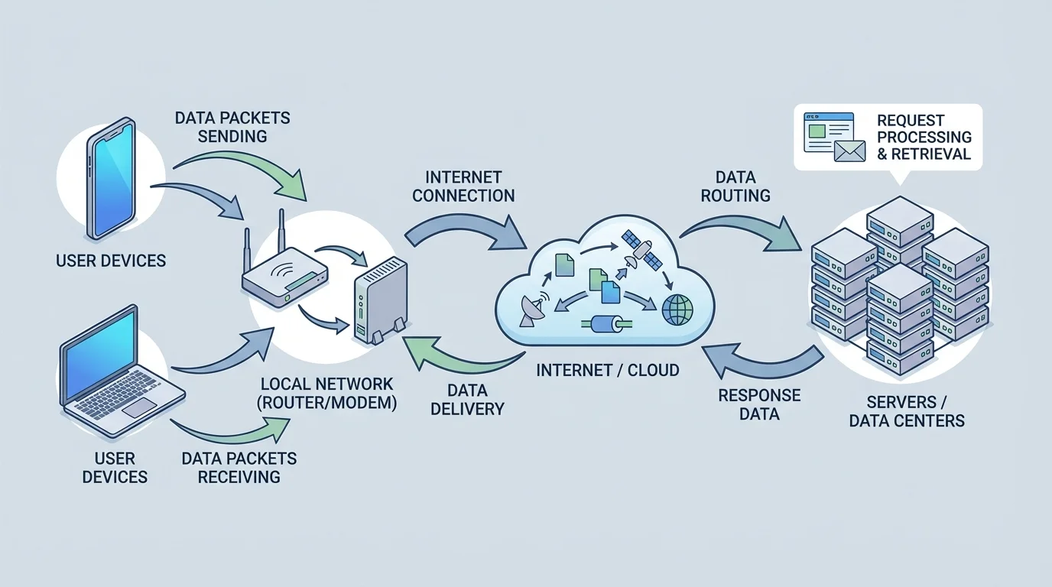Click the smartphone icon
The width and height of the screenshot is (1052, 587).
click(112, 177)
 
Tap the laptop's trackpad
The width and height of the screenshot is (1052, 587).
click(140, 407)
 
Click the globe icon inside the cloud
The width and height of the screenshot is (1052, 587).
click(677, 310)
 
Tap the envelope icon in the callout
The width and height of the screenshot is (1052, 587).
click(849, 150)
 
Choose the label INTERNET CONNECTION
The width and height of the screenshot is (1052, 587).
click(463, 185)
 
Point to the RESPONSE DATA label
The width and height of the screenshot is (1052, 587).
click(759, 404)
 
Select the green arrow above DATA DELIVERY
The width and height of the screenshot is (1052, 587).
click(446, 355)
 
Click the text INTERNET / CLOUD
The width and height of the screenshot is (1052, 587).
click(608, 370)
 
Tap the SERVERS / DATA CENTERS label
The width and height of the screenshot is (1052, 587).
click(907, 410)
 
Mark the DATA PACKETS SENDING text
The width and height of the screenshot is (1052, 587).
click(232, 127)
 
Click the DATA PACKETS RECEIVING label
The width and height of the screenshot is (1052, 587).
click(239, 467)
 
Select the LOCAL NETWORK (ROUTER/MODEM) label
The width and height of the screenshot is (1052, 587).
click(328, 393)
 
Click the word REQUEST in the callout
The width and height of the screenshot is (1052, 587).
click(911, 121)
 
